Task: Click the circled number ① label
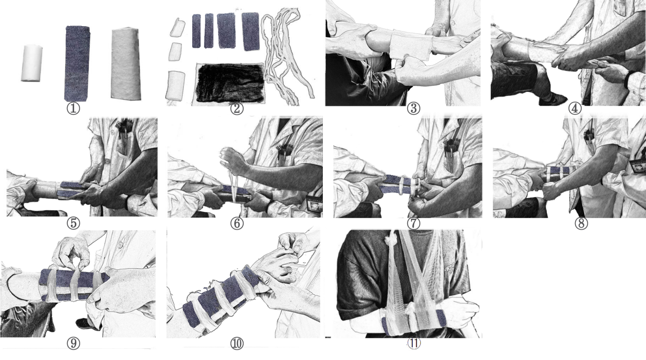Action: [73, 108]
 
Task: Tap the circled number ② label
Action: [237, 109]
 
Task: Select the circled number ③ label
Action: [414, 109]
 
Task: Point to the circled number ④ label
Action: [575, 109]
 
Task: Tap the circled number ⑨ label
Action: [73, 343]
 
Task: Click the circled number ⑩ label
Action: [237, 343]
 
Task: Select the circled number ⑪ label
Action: [414, 343]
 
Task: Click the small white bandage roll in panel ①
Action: [32, 63]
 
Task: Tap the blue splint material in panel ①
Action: [77, 64]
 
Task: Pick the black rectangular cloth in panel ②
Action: [230, 83]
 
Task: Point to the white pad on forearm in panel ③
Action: [412, 46]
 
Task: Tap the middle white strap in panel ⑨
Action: [75, 285]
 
